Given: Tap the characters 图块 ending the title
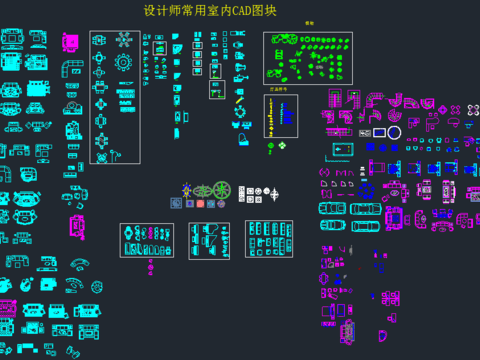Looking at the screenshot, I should (265, 11).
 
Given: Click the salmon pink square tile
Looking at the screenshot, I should (199, 203).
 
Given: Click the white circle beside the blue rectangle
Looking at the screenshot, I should (394, 132).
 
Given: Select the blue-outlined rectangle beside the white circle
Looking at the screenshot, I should (377, 132).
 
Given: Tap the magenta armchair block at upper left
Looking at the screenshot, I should (70, 43).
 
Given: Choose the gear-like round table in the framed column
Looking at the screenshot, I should (123, 62).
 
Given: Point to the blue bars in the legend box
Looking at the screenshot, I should (287, 114).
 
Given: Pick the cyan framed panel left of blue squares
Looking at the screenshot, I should (342, 149).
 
